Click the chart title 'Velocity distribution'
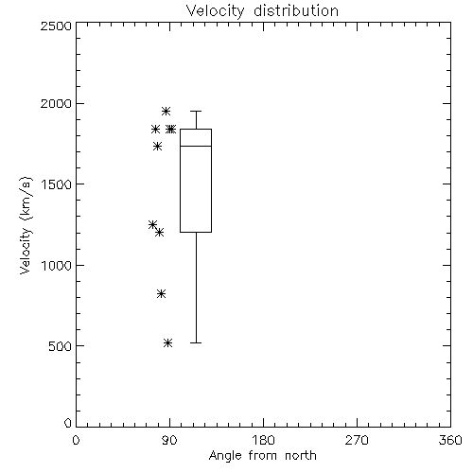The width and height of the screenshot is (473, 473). [262, 10]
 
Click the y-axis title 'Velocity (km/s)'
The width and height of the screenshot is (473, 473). [26, 225]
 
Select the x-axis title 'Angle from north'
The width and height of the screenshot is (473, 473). [262, 455]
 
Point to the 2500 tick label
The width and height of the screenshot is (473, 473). [56, 26]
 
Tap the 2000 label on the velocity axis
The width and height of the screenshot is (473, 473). [56, 103]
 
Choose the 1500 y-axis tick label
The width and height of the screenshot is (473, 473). [57, 184]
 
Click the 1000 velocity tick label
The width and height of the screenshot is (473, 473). [57, 265]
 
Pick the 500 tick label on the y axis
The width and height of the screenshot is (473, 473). [61, 346]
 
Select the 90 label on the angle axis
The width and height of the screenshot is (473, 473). [169, 440]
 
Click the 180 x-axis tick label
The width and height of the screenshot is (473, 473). [263, 440]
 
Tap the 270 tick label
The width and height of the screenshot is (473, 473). [357, 440]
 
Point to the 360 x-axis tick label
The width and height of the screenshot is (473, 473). [450, 440]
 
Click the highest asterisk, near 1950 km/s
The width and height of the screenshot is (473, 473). [166, 111]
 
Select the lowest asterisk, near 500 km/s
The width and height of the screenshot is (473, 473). [168, 342]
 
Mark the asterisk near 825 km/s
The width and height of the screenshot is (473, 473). [161, 294]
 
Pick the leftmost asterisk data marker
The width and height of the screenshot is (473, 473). [152, 224]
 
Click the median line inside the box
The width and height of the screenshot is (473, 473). [196, 146]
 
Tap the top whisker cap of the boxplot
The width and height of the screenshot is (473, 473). [196, 111]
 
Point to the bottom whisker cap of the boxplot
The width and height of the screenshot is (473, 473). [196, 342]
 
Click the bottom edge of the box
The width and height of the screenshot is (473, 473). [196, 232]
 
